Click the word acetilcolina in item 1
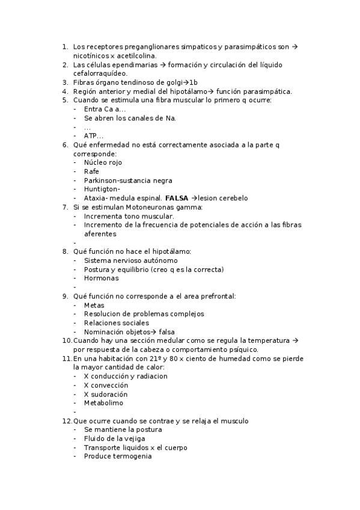[x=134, y=55]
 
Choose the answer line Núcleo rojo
[x=103, y=162]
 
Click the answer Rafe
[x=91, y=171]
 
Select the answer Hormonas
[x=101, y=278]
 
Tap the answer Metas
[x=94, y=305]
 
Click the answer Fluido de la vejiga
[x=114, y=438]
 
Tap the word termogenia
[x=133, y=456]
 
